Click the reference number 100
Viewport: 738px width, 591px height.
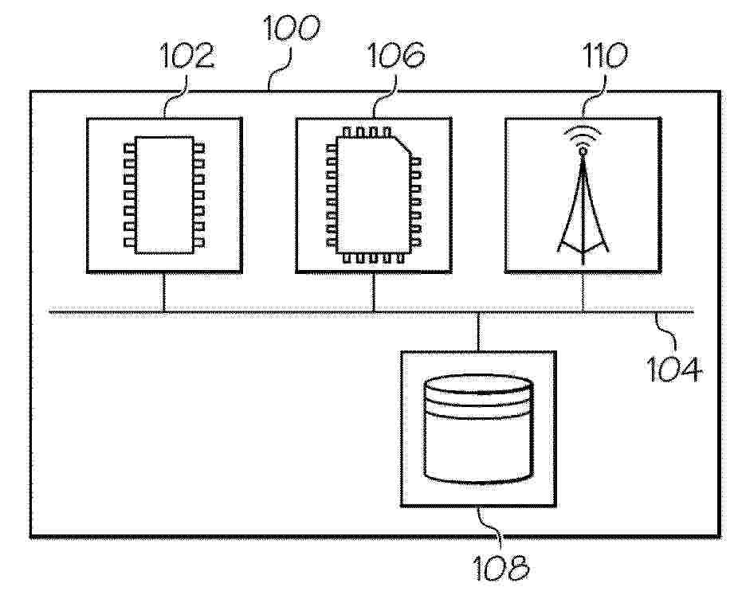(292, 27)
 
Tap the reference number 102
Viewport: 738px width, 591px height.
(187, 56)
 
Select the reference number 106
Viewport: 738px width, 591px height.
(396, 55)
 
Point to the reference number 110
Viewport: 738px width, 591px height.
(605, 56)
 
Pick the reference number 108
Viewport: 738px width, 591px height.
(501, 568)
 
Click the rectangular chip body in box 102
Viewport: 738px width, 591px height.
(164, 195)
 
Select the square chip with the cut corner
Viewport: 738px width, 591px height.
(374, 195)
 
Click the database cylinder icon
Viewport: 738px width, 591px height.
(479, 429)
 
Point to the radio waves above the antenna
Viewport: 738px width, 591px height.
(583, 134)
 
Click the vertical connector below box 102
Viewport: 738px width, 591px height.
(164, 292)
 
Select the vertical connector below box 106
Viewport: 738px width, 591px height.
(374, 292)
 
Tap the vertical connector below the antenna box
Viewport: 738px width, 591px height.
(583, 292)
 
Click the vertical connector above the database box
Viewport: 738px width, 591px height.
(478, 331)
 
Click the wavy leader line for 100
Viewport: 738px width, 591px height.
(281, 69)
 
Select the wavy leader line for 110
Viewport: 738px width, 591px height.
(594, 94)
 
